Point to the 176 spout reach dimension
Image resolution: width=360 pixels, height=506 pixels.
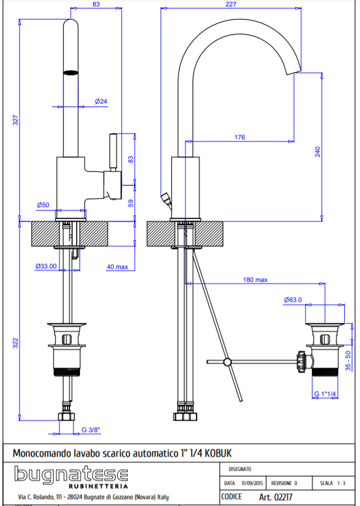(x=239, y=138)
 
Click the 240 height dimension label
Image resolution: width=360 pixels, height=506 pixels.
(x=318, y=151)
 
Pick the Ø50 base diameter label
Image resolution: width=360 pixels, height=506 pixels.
(x=43, y=205)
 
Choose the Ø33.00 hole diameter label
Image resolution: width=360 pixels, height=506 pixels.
(x=46, y=266)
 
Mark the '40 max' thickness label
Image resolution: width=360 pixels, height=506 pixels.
(x=117, y=267)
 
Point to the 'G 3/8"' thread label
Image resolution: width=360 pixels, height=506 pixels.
(x=91, y=430)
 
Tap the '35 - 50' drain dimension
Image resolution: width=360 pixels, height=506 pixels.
(x=348, y=361)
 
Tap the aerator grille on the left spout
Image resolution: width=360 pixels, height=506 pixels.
(x=71, y=72)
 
